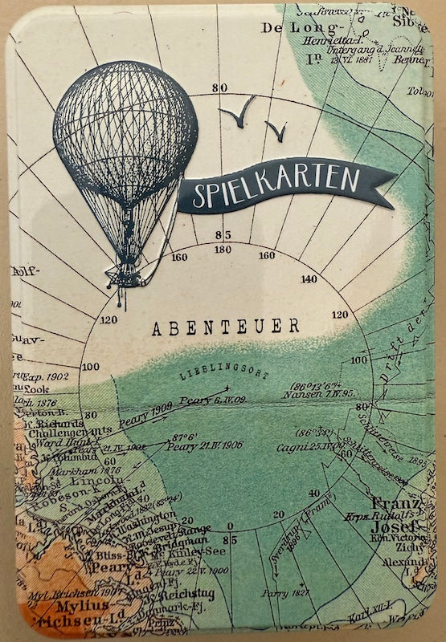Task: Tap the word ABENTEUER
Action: pyautogui.click(x=226, y=326)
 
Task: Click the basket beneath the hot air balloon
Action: pyautogui.click(x=124, y=277)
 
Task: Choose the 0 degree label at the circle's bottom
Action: pyautogui.click(x=231, y=526)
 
